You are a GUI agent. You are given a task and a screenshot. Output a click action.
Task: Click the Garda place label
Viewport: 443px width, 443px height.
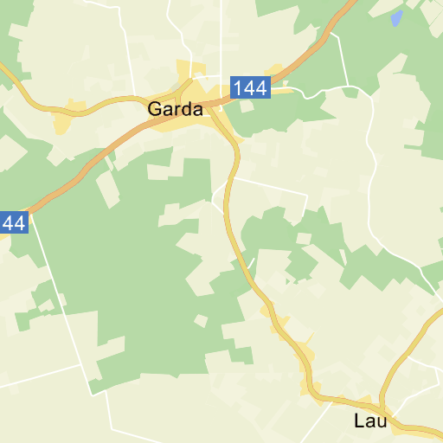[x=176, y=110]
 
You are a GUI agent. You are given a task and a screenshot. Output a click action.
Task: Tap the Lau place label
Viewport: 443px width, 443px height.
[x=369, y=421]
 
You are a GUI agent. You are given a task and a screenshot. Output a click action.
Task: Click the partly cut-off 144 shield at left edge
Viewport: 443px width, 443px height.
[x=13, y=222]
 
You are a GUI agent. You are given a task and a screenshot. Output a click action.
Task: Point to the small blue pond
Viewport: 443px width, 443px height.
[x=396, y=17]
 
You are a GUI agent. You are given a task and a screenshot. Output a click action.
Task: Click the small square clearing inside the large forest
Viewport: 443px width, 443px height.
[x=201, y=321]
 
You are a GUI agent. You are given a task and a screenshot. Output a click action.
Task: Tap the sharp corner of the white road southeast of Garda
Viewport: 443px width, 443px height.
[x=306, y=194]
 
